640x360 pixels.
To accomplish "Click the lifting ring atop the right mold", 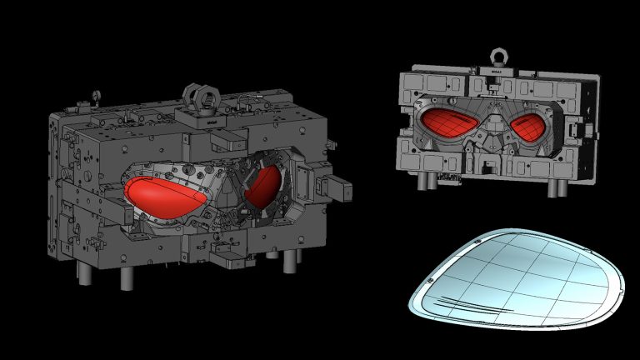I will point(499,57).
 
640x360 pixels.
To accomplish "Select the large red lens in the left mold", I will point(162,194).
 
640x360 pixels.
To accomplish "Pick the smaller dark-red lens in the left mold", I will point(265,187).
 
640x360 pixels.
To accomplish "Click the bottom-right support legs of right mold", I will point(553,187).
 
